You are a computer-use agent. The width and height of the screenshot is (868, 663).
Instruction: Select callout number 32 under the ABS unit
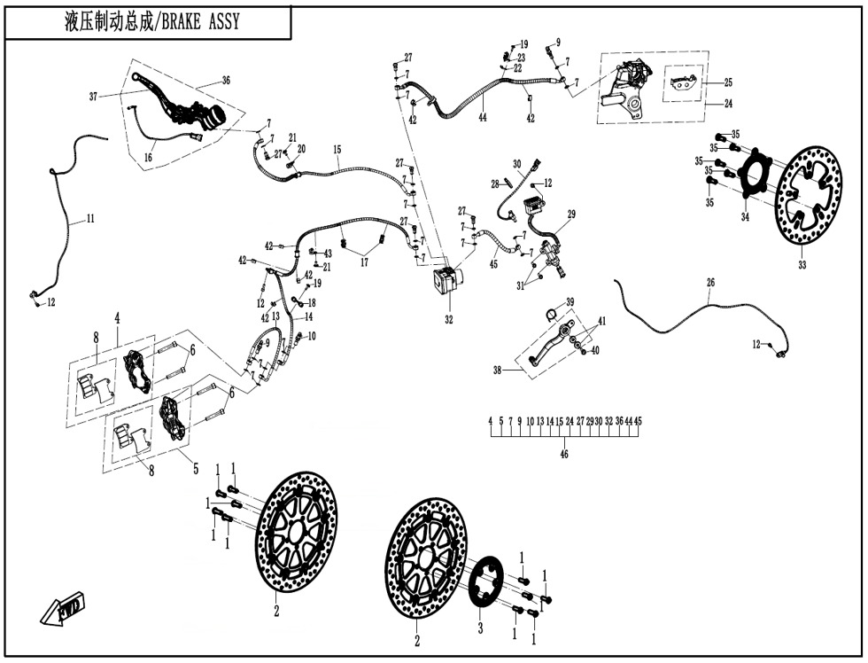click(448, 320)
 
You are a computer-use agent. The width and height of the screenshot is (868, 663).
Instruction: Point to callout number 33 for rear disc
click(802, 264)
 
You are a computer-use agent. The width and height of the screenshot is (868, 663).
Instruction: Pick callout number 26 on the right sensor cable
click(710, 283)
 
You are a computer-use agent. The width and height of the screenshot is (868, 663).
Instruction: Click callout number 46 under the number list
click(564, 454)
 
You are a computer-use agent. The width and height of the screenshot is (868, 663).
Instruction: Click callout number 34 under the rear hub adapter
click(745, 217)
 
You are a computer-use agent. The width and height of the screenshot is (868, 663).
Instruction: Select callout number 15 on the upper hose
click(337, 151)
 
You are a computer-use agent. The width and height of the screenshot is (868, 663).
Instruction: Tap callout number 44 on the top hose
click(483, 116)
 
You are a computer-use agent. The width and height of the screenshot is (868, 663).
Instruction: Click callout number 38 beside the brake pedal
click(499, 370)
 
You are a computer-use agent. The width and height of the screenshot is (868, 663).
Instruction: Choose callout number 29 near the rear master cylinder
click(571, 214)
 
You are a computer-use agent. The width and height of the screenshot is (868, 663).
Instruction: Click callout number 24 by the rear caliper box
click(728, 103)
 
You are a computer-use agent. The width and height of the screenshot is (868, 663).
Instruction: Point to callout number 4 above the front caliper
click(116, 316)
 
